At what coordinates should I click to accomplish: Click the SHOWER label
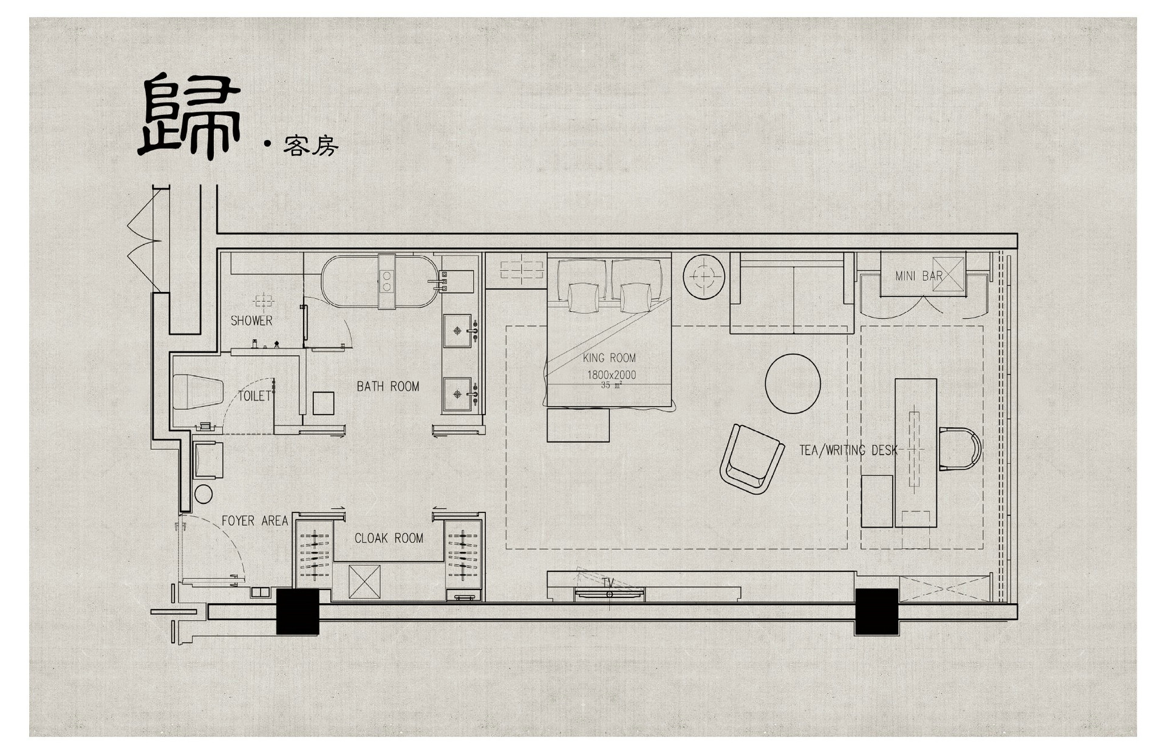(251, 321)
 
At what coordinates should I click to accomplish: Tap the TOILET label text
(254, 396)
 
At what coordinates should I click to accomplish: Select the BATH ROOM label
(388, 386)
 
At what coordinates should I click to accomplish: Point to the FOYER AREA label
(254, 521)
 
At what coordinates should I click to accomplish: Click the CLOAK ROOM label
(389, 538)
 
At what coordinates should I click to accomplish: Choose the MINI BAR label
(919, 276)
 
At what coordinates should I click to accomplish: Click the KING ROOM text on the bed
(609, 358)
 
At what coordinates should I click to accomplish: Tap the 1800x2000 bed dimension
(611, 375)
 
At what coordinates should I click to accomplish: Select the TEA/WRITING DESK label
(848, 450)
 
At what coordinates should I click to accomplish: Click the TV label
(608, 582)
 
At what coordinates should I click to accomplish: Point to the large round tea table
(793, 384)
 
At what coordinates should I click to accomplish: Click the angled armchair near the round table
(752, 459)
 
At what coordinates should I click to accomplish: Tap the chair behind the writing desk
(960, 449)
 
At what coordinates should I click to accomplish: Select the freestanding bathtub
(380, 282)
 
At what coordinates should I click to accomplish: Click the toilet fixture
(198, 392)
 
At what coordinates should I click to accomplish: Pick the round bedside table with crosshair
(704, 276)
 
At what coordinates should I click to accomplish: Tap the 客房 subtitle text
(310, 146)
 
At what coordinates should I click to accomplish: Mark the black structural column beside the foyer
(298, 611)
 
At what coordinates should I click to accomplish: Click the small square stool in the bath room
(323, 403)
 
